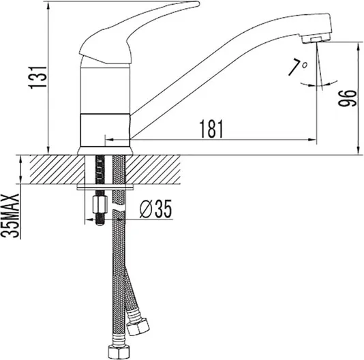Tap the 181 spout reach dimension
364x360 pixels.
211,129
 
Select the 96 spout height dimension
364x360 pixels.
347,98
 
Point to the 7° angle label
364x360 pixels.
298,67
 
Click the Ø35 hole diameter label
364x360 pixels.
156,209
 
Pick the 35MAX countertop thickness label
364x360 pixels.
10,215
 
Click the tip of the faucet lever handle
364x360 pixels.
198,3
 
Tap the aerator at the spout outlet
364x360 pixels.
316,39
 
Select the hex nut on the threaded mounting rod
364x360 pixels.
100,205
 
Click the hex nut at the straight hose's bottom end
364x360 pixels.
119,352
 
